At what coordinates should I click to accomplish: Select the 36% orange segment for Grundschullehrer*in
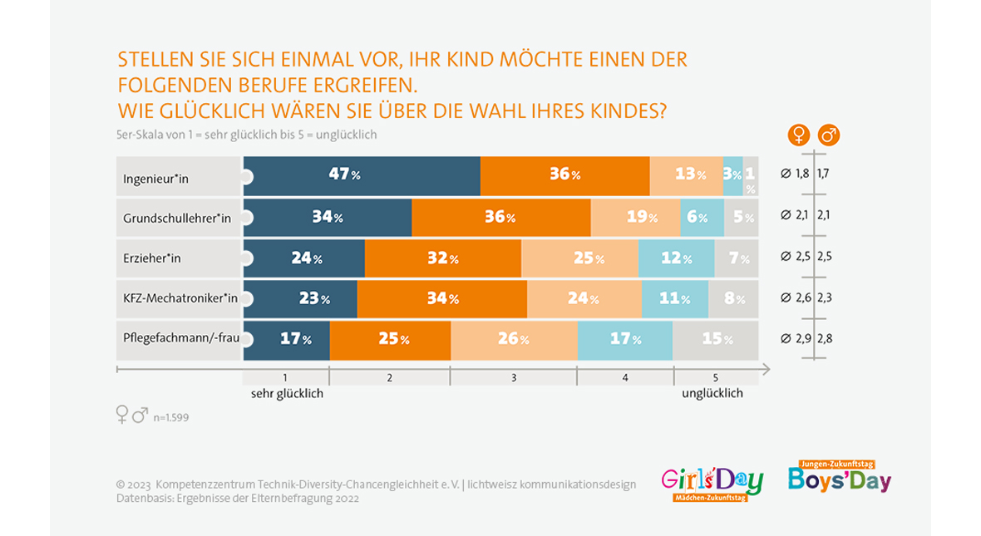coord(500,218)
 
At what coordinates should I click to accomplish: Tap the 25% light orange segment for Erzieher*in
coord(579,258)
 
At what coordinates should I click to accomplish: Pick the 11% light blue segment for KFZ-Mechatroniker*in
coord(674,299)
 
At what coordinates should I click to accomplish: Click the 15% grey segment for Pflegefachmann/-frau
coord(715,339)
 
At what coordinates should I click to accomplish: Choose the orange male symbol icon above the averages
coord(828,134)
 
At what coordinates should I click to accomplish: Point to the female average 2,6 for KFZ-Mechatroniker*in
coord(801,298)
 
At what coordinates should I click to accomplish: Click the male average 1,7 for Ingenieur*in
coord(824,175)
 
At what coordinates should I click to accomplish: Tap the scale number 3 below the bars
coord(513,377)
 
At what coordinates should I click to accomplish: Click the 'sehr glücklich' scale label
coord(287,394)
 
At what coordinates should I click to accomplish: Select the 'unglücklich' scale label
coord(712,394)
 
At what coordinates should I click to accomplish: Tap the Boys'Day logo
coord(840,478)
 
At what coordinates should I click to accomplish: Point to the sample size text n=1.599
coord(170,417)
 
